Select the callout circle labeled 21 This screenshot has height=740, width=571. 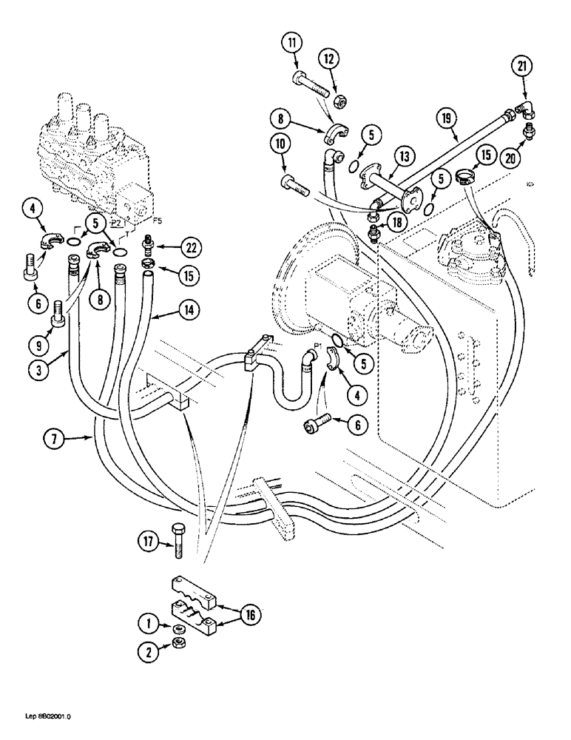(x=523, y=67)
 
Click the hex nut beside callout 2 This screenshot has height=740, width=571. (x=178, y=645)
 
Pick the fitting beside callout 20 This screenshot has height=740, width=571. (x=527, y=132)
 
